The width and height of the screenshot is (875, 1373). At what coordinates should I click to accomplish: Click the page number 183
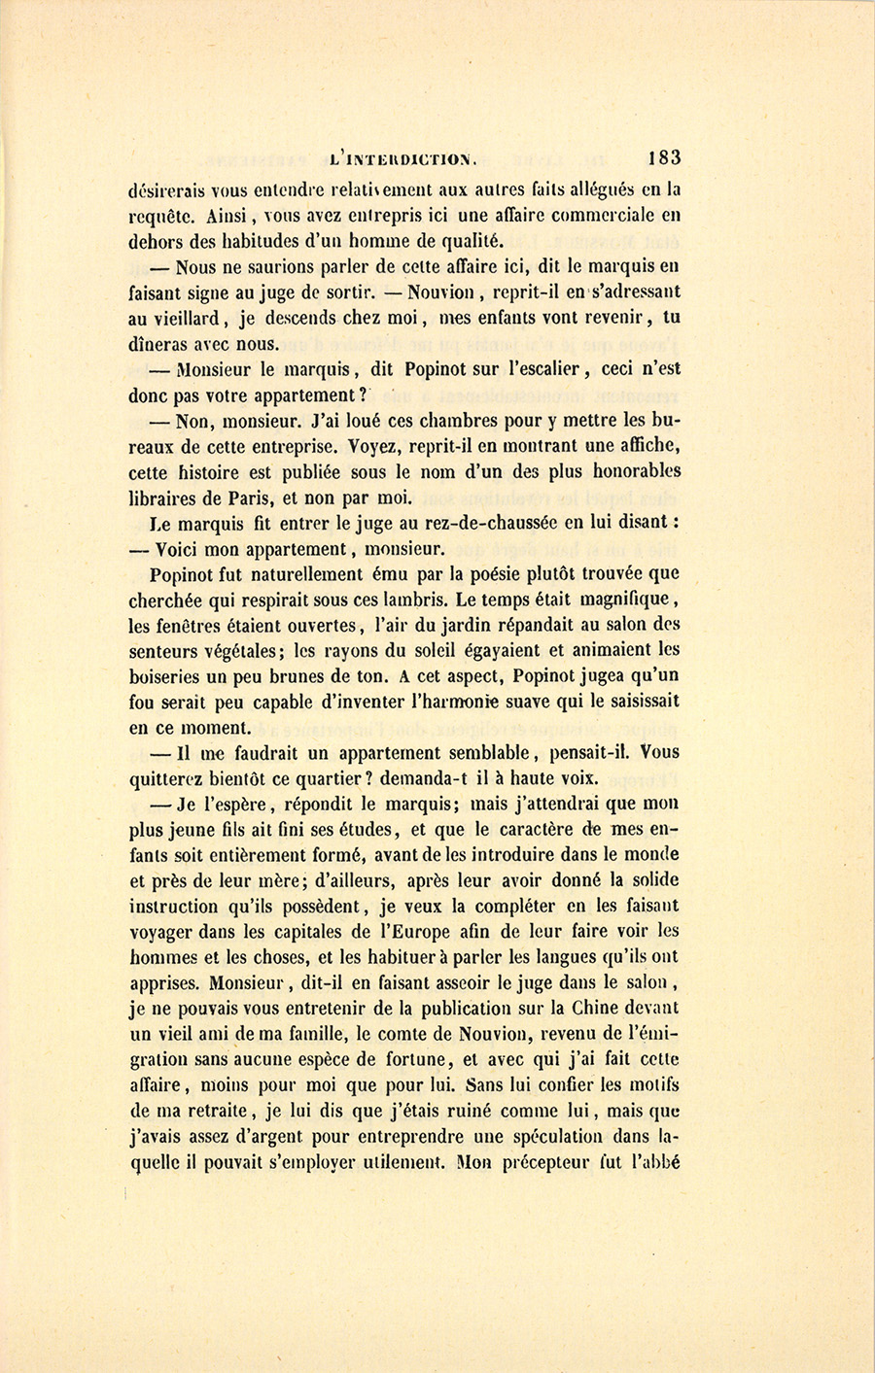click(x=660, y=157)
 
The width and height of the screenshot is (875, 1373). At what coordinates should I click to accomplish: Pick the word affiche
click(x=645, y=446)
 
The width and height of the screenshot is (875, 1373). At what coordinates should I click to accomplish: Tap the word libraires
click(x=161, y=498)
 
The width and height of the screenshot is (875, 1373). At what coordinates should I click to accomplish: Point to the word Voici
click(x=181, y=548)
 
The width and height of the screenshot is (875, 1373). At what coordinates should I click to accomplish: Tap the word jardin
click(x=458, y=625)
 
